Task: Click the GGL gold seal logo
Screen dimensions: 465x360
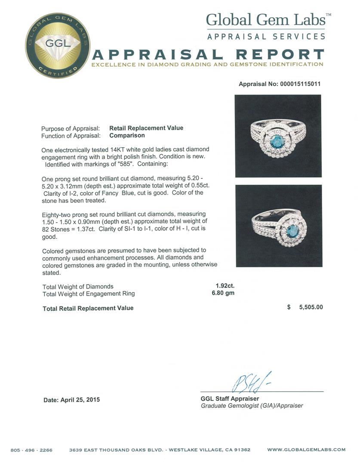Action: pos(57,46)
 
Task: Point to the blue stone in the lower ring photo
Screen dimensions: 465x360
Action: pos(281,230)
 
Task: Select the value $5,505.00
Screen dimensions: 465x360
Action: pos(305,307)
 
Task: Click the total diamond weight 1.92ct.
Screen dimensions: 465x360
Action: pos(225,286)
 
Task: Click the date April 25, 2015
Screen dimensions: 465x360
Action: pos(72,400)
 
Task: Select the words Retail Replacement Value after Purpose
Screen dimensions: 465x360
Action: pos(146,128)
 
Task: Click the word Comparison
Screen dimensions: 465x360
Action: pos(127,135)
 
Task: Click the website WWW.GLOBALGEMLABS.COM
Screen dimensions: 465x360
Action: pos(306,450)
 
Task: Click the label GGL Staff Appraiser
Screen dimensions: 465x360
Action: pos(230,399)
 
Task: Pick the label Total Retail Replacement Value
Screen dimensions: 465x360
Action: pos(88,308)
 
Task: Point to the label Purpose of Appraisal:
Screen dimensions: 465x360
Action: pos(71,128)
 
